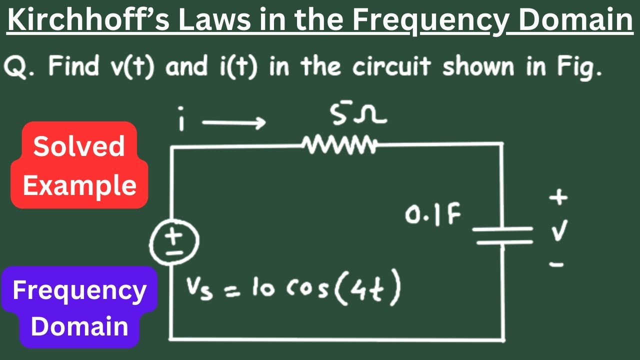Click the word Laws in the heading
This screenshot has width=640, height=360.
215,19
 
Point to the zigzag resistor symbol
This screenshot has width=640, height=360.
339,145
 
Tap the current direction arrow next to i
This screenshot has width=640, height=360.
234,123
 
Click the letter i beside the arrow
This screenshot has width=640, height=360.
181,118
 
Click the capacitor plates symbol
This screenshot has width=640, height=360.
503,235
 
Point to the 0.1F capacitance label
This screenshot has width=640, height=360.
432,214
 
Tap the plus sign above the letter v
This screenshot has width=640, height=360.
558,197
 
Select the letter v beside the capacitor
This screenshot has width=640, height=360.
559,230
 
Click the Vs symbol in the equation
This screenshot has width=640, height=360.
199,289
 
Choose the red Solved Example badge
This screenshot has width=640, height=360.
79,165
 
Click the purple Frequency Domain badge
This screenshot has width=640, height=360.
79,307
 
